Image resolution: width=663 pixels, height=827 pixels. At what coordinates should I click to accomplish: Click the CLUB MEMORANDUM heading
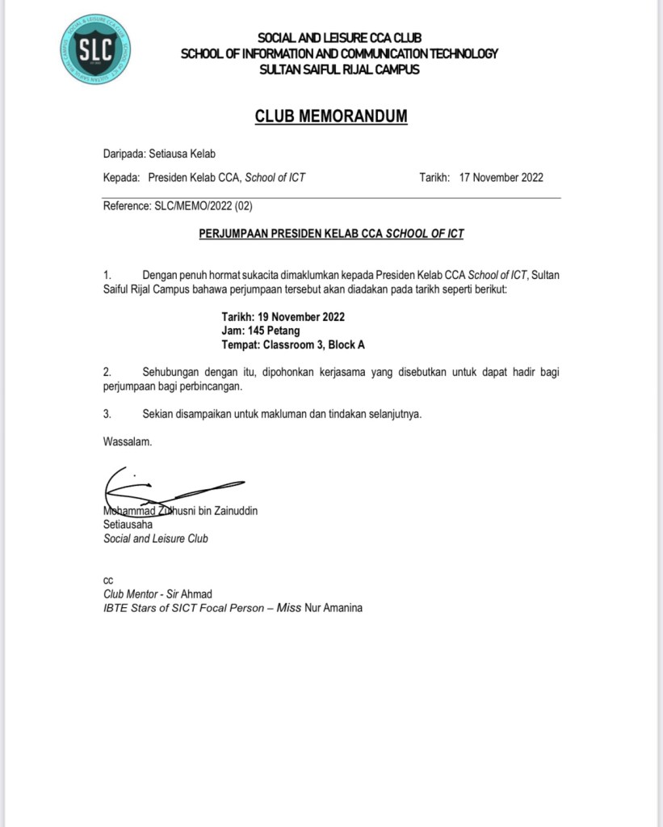point(331,116)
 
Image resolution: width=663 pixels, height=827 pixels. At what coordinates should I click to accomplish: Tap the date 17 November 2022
point(501,178)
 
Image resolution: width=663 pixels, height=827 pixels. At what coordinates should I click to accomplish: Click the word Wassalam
point(128,441)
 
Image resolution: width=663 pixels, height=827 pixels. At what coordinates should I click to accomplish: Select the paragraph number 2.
point(107,373)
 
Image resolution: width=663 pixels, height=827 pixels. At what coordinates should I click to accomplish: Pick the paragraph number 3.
point(107,414)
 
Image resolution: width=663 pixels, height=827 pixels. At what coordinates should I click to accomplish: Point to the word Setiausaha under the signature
point(128,525)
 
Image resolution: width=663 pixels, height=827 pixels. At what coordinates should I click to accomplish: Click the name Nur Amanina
point(333,608)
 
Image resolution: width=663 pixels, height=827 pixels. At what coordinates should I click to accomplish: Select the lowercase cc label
point(108,580)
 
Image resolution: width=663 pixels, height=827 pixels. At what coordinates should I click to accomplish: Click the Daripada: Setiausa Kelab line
point(159,153)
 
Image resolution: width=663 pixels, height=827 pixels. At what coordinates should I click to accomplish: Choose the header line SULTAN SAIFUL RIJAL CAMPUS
point(339,70)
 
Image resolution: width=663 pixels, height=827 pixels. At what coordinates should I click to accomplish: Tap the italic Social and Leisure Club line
point(156,538)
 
